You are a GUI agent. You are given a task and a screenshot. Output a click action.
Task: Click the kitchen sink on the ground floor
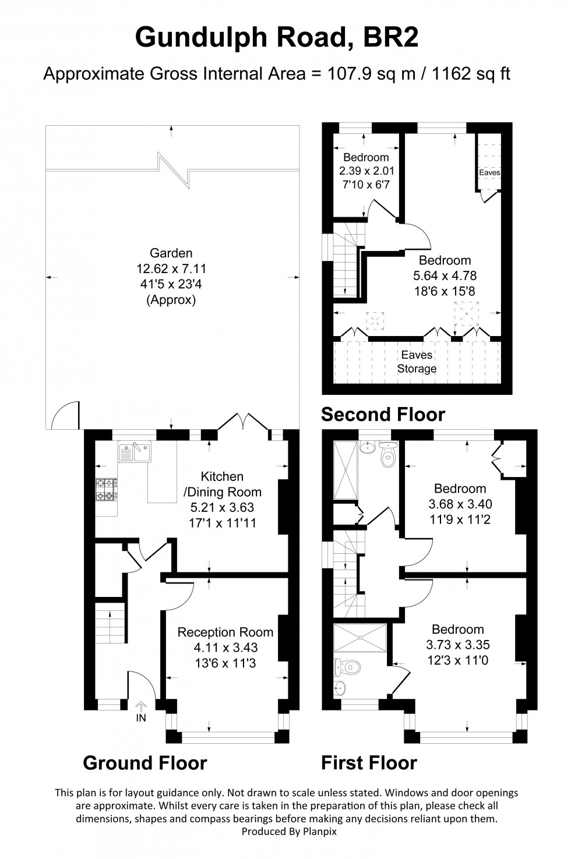(135, 451)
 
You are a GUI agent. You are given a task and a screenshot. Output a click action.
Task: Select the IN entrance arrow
(141, 706)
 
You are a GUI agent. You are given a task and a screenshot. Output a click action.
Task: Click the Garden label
(171, 253)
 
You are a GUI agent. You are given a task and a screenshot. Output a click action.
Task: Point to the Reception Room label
(225, 632)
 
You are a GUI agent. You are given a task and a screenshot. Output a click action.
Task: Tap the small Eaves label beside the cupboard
(489, 172)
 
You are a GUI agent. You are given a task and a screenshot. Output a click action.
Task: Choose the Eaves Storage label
(417, 362)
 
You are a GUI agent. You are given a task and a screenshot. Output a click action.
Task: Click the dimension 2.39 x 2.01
(366, 171)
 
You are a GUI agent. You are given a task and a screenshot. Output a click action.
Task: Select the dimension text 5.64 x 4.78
(445, 275)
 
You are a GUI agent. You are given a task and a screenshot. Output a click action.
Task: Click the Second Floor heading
(383, 415)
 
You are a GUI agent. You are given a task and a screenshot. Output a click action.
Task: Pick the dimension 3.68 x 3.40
(460, 504)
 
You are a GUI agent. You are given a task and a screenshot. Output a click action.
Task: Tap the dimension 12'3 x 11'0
(458, 660)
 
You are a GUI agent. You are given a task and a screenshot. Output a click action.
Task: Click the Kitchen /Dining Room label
(222, 484)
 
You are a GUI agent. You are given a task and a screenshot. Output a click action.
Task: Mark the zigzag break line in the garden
(174, 169)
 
